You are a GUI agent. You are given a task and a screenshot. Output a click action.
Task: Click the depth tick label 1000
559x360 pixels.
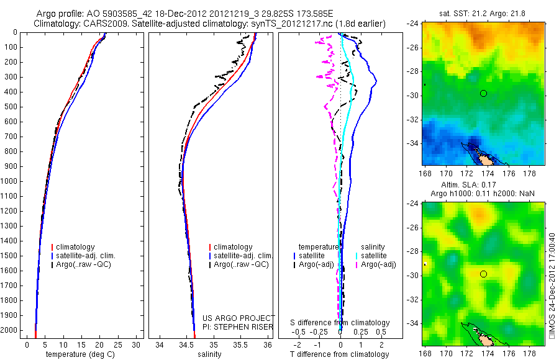point(9,181)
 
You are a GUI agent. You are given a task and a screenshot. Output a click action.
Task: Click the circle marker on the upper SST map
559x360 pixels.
point(483,93)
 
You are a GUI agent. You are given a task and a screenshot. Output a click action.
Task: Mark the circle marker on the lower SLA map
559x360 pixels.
point(483,274)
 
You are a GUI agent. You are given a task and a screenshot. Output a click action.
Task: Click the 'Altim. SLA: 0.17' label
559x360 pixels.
point(484,186)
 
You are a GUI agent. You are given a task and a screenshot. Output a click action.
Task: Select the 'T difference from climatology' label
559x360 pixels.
point(339,354)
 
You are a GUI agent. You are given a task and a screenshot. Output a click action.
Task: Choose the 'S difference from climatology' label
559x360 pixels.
point(340,323)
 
